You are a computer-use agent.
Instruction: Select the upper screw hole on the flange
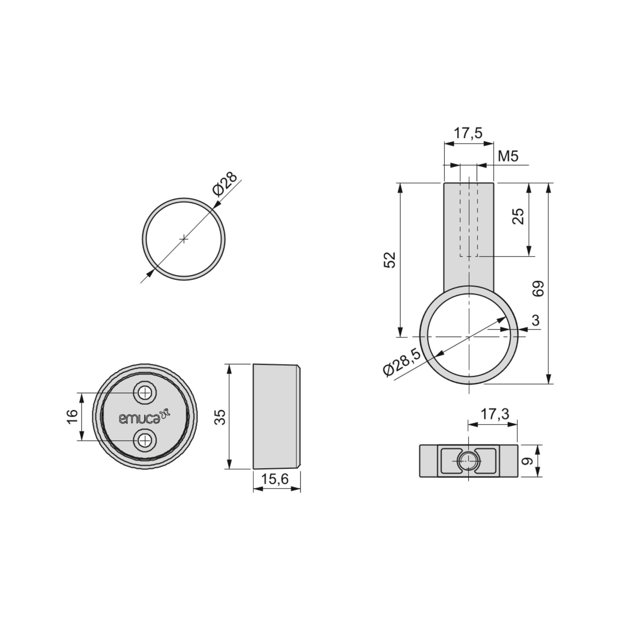(x=145, y=392)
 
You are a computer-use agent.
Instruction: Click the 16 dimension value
(x=73, y=417)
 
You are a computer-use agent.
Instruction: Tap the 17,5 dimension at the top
(x=468, y=133)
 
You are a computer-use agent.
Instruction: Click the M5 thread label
(x=508, y=156)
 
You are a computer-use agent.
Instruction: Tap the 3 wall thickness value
(x=536, y=320)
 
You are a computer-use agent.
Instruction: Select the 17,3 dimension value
(x=494, y=414)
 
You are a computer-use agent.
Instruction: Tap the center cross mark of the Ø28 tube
(x=184, y=239)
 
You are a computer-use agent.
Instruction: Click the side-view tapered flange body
(x=276, y=417)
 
